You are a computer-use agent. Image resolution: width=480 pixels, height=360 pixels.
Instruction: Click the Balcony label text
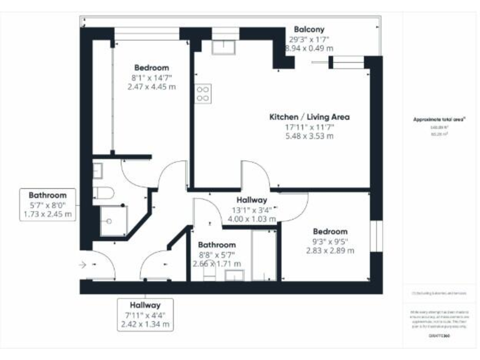309,29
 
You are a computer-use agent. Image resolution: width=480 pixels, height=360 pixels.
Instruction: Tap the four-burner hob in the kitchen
203,93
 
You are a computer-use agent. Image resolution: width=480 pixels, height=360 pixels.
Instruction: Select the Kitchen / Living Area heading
309,117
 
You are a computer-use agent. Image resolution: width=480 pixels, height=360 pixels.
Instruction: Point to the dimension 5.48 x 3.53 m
309,136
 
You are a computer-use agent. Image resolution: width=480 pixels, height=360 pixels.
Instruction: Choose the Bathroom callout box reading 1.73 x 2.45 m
47,205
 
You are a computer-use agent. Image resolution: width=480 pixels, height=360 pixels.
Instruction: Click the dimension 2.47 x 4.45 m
151,87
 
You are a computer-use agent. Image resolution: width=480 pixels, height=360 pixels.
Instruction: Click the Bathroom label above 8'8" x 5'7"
217,244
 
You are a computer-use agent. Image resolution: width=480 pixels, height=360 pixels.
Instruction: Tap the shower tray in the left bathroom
113,221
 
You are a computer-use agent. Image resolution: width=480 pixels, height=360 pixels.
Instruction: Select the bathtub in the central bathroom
263,255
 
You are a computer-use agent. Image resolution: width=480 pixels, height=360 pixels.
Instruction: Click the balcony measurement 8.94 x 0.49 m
309,47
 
